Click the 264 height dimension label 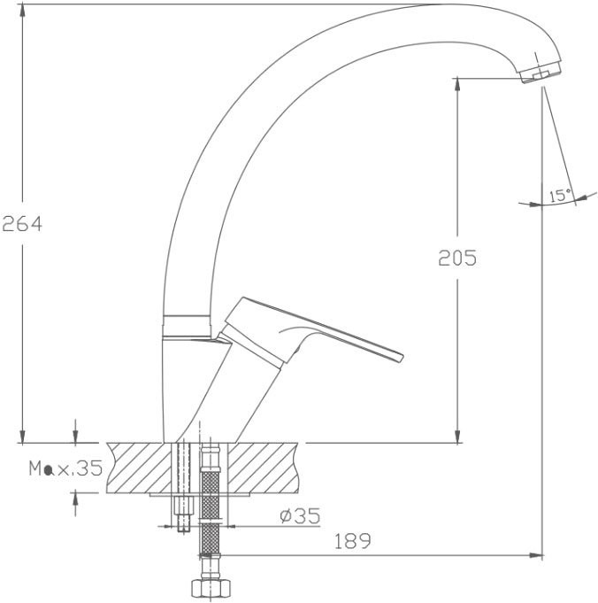pyautogui.click(x=22, y=224)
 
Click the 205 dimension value pyautogui.click(x=457, y=259)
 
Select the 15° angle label pyautogui.click(x=559, y=196)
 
